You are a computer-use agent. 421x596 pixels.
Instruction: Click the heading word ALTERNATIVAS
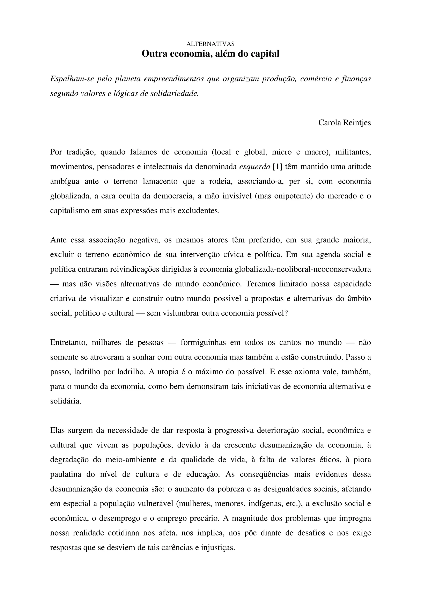[210, 44]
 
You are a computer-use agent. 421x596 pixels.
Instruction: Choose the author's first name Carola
[330, 123]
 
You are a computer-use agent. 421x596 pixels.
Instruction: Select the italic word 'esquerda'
[255, 166]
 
